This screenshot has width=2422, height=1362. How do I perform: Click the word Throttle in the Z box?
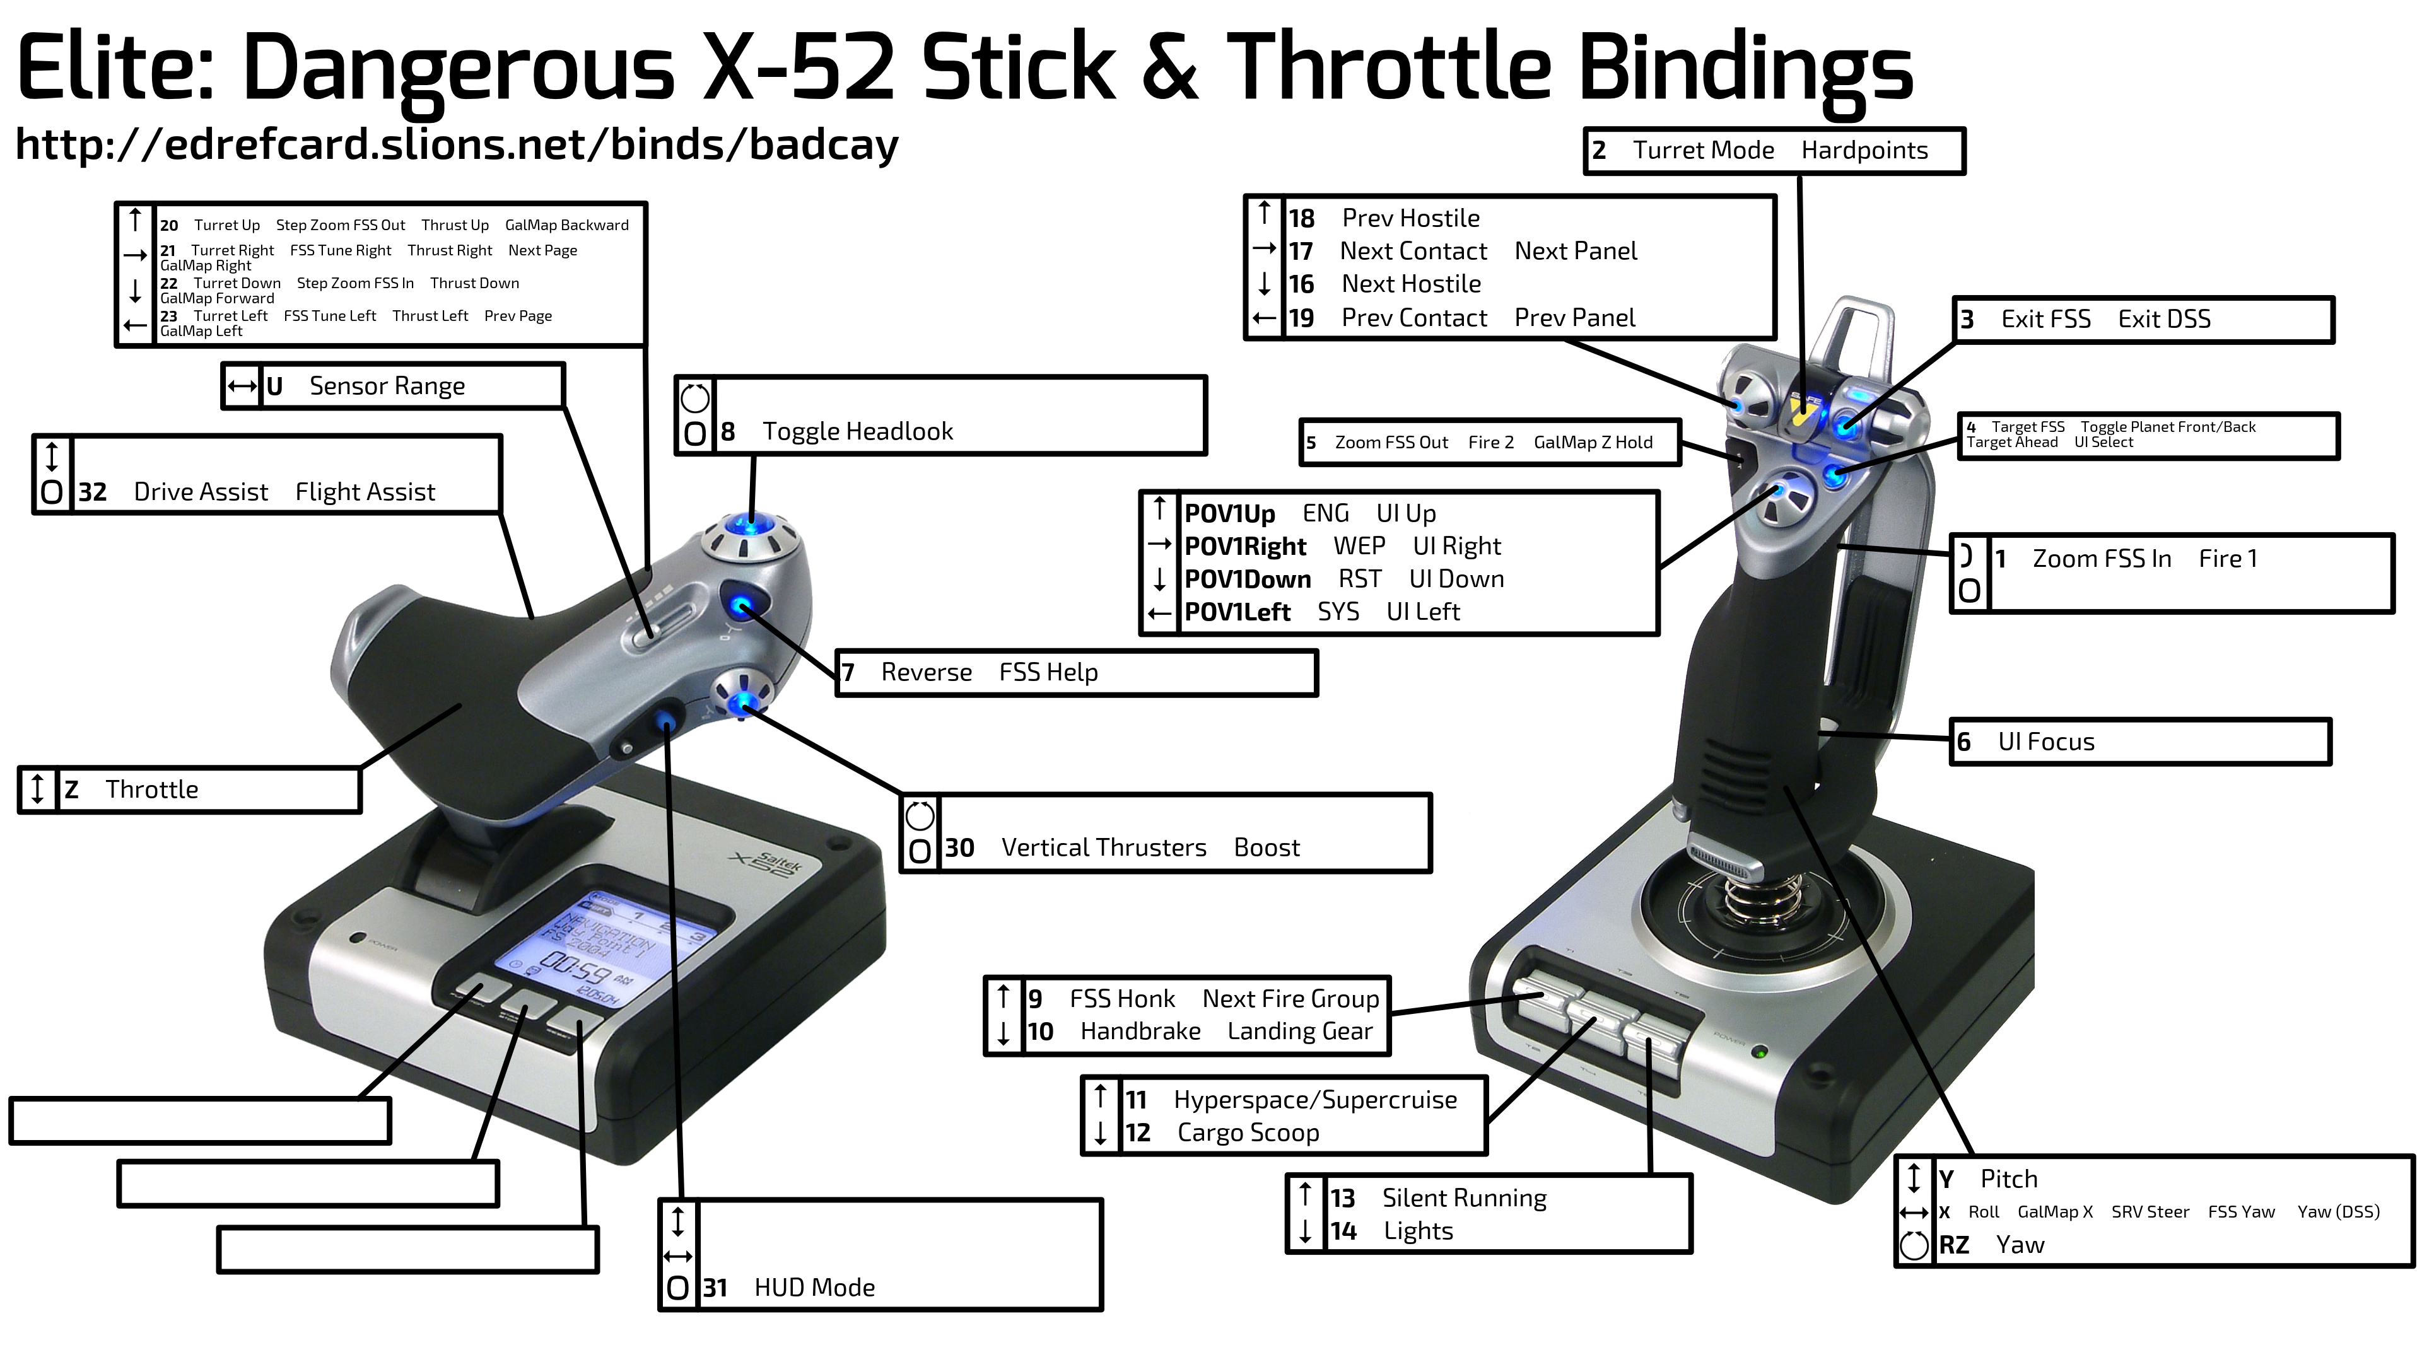(151, 789)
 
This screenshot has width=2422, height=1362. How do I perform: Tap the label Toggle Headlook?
(858, 431)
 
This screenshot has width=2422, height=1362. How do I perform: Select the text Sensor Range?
(387, 387)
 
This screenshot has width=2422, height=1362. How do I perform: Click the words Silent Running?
(1464, 1199)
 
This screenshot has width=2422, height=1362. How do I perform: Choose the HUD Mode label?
(814, 1288)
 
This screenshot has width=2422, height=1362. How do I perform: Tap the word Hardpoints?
(1864, 151)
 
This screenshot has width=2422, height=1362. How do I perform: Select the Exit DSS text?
(2165, 320)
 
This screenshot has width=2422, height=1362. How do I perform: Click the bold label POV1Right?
(1245, 547)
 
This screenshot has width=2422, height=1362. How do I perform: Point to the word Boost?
(1267, 848)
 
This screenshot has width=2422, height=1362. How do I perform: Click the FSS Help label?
(1048, 673)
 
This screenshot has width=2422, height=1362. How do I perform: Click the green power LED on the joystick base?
(1759, 1052)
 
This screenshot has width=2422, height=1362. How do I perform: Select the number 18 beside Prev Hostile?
(1301, 219)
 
